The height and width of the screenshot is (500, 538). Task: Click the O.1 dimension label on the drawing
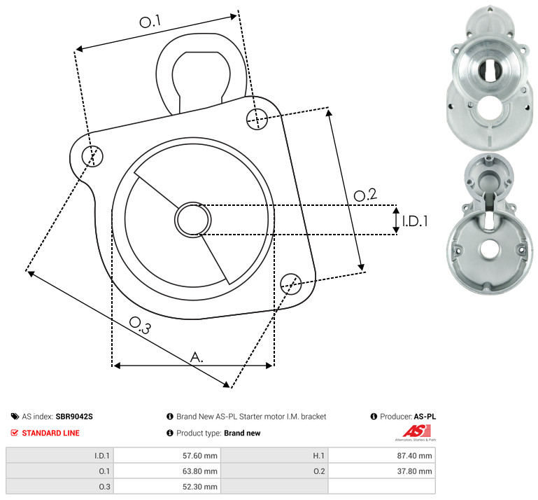pyautogui.click(x=150, y=21)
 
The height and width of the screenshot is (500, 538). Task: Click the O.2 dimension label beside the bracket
pyautogui.click(x=365, y=195)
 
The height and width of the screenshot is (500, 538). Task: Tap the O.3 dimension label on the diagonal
pyautogui.click(x=140, y=325)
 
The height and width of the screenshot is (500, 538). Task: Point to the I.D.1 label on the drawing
pyautogui.click(x=415, y=221)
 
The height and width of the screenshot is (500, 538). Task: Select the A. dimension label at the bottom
pyautogui.click(x=197, y=357)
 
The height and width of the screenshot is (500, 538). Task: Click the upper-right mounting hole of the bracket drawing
pyautogui.click(x=257, y=119)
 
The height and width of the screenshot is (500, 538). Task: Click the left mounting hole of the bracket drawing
pyautogui.click(x=92, y=156)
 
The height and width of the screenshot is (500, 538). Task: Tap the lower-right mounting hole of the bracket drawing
pyautogui.click(x=291, y=284)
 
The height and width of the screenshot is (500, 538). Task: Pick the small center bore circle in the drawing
pyautogui.click(x=193, y=220)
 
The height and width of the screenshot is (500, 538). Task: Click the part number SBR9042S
pyautogui.click(x=74, y=417)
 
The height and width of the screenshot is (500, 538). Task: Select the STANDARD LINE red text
pyautogui.click(x=51, y=433)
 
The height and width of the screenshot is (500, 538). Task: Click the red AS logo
pyautogui.click(x=417, y=431)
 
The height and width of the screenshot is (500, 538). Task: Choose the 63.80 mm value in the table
pyautogui.click(x=199, y=471)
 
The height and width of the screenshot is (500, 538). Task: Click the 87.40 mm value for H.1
pyautogui.click(x=414, y=456)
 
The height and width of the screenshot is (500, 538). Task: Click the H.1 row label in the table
pyautogui.click(x=319, y=456)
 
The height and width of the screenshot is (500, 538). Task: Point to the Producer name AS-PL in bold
pyautogui.click(x=425, y=417)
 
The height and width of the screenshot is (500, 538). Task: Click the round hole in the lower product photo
pyautogui.click(x=490, y=249)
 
